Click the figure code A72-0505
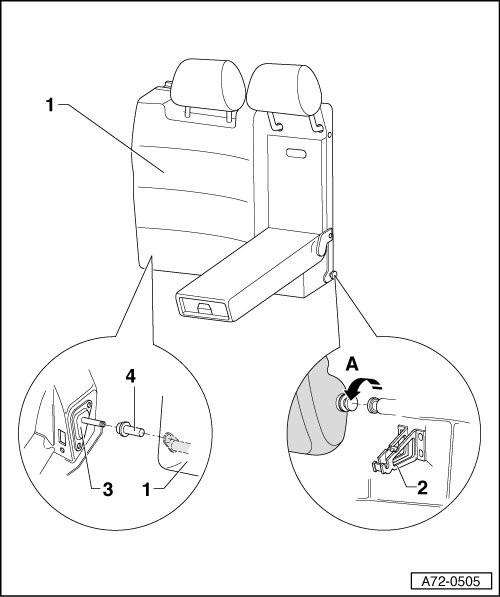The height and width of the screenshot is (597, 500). pos(451,581)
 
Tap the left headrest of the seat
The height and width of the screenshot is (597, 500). pos(208,85)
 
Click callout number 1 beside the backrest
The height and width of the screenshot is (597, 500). pos(50,105)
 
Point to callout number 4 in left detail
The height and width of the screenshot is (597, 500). pos(131,377)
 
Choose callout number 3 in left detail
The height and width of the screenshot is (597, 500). pos(108,489)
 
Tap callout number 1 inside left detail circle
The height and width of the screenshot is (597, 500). pos(147,489)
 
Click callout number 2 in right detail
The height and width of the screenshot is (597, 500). pos(422,488)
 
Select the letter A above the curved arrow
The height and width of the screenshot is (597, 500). pos(352,365)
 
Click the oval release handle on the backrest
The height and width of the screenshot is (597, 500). pos(296,153)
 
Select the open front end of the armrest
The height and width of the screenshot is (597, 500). pos(202,306)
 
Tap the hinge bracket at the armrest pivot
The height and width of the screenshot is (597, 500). pos(324,242)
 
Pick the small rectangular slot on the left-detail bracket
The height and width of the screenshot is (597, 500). pos(62,438)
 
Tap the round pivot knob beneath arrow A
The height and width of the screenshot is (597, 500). pos(347,404)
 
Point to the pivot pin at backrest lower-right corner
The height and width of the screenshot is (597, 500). pos(333,275)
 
